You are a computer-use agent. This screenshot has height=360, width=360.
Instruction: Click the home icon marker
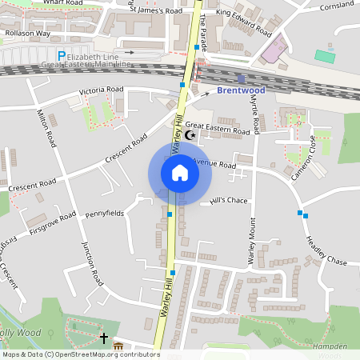pos(179,173)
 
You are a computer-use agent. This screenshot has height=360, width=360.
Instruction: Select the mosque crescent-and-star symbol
pos(190,135)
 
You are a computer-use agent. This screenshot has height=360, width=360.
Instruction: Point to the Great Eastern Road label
pos(218,129)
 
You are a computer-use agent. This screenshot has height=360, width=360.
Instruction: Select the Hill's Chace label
pos(230,200)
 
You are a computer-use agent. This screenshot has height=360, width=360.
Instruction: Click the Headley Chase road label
pos(325,250)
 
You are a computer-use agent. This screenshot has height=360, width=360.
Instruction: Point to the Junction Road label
pos(91,264)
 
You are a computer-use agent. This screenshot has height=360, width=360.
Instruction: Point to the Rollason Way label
pos(27,33)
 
